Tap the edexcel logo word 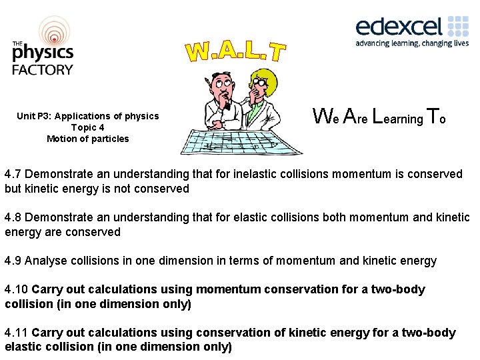tap(399, 27)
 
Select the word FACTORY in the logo tap(43, 69)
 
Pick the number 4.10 tap(17, 289)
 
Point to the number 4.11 tap(17, 333)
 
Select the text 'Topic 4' tap(87, 127)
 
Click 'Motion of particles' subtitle tap(87, 139)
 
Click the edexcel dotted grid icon tap(458, 26)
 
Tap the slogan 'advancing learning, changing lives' tap(411, 43)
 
